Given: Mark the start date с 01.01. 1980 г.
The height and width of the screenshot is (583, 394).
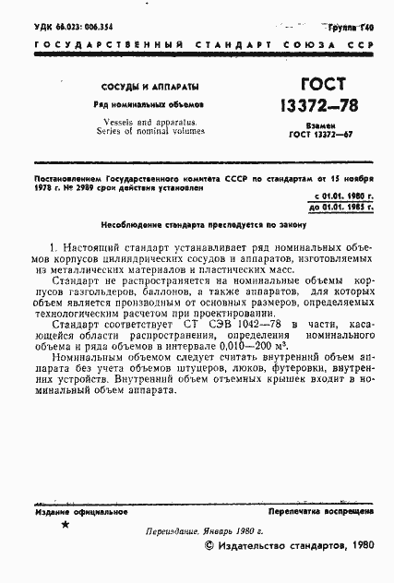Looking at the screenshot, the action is click(342, 197).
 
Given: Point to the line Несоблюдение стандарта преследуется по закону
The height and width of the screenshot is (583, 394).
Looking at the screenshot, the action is click(197, 224).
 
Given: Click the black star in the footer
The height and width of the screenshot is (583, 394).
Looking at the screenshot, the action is click(64, 524).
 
